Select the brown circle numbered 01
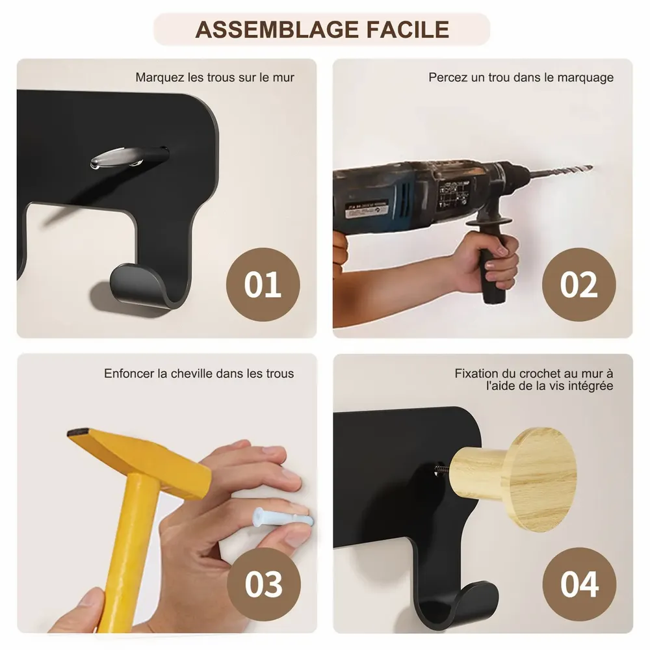tap(263, 285)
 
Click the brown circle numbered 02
tap(578, 285)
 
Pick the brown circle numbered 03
tap(263, 583)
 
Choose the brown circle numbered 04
tap(578, 583)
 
